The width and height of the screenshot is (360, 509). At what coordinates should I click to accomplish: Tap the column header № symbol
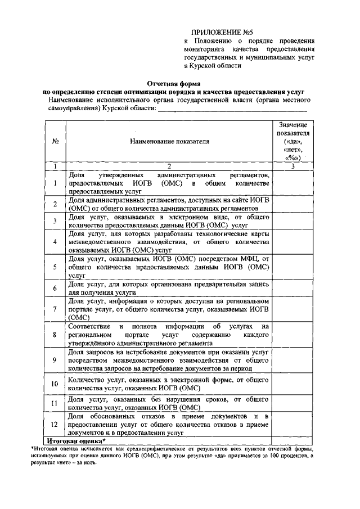(x=55, y=141)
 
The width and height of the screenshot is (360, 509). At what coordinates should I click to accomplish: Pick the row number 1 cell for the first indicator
(x=55, y=183)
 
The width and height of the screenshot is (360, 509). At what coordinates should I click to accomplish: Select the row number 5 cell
(x=55, y=267)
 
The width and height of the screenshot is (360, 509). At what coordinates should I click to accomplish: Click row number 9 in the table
(x=55, y=360)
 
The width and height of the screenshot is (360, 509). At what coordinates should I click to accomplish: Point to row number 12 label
(x=55, y=425)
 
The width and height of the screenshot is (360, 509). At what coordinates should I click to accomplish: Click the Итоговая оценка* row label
(x=84, y=440)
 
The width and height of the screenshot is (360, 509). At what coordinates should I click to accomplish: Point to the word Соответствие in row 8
(x=89, y=327)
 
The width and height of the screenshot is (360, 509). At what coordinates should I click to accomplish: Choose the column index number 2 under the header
(x=168, y=167)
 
